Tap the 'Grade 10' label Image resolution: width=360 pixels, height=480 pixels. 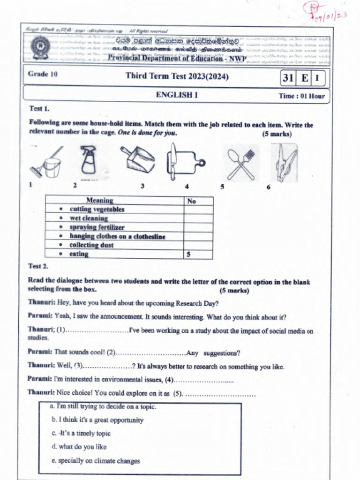coord(43,74)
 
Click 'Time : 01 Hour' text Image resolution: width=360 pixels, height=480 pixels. coord(301,96)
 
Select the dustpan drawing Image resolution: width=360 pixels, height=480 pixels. coord(138,159)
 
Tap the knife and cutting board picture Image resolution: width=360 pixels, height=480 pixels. coord(184,162)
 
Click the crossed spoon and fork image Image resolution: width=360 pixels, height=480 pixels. coord(241,164)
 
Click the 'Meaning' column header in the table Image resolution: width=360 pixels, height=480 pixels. coord(99,201)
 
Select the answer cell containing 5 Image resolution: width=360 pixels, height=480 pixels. coord(198,255)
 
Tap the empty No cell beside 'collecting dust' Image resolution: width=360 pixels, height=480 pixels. coord(198,245)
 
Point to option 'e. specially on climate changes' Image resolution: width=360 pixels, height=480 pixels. coord(96,461)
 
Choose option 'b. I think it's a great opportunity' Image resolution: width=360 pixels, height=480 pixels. coord(97,420)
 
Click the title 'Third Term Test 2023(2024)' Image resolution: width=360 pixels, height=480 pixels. coord(177,76)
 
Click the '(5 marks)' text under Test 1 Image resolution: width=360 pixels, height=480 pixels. coord(277,134)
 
